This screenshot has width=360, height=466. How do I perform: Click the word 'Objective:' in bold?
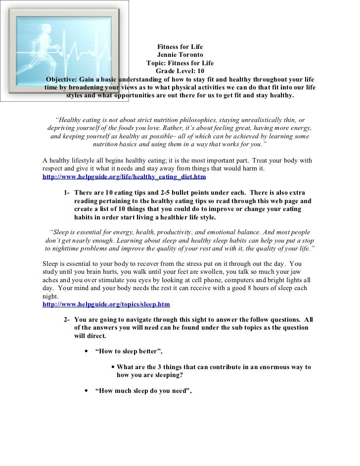[65, 80]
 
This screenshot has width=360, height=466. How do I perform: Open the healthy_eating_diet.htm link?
[124, 176]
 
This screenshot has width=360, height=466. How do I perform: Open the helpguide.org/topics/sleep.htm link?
[106, 304]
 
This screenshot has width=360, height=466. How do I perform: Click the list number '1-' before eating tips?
[67, 192]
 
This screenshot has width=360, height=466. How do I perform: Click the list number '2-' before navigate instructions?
[67, 319]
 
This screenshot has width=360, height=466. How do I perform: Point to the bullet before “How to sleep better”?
[87, 351]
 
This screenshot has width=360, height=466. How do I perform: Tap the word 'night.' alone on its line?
[51, 297]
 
